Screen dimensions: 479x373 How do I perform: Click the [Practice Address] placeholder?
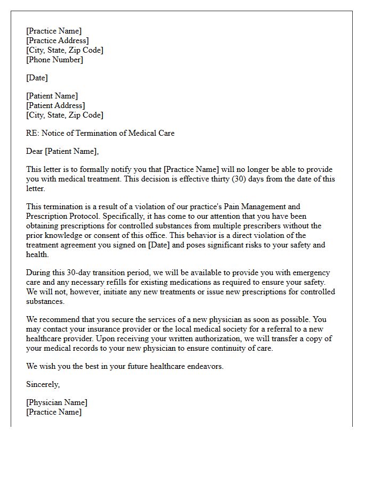pos(58,40)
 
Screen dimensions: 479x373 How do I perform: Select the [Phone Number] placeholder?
pos(54,60)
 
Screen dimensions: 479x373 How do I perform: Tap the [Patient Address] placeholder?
pos(55,105)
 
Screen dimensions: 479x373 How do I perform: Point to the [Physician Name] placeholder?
pos(56,402)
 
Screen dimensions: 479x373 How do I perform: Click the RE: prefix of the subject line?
pos(32,133)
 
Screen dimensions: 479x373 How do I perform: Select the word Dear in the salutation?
pos(34,151)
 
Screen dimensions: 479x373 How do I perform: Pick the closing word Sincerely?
pos(43,384)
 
